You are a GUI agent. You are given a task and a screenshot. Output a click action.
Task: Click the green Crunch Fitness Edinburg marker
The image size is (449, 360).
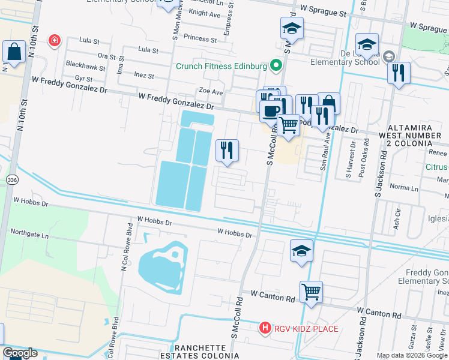coord(276,65)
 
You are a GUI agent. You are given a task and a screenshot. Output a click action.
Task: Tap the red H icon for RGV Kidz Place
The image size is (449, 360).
coord(264,328)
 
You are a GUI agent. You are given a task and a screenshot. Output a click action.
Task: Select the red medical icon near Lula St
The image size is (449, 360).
coord(55,41)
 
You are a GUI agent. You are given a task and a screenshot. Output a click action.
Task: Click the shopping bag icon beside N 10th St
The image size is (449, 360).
coord(13,52)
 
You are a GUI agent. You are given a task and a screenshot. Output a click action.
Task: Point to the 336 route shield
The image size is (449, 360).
coord(12,179)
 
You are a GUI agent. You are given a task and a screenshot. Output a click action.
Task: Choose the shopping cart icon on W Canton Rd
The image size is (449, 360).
coord(311,292)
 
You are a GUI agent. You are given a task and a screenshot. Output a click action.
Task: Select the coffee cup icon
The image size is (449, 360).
coord(271,110)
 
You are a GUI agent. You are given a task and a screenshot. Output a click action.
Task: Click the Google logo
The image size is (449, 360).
coord(20,353)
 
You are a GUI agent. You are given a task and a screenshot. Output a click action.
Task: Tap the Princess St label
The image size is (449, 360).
coord(200,38)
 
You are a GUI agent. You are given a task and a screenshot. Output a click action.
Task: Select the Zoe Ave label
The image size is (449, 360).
coord(211,92)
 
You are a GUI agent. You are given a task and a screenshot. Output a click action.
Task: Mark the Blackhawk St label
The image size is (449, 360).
coord(86,64)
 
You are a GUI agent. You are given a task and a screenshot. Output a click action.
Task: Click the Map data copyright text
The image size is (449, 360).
coord(412,355)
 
